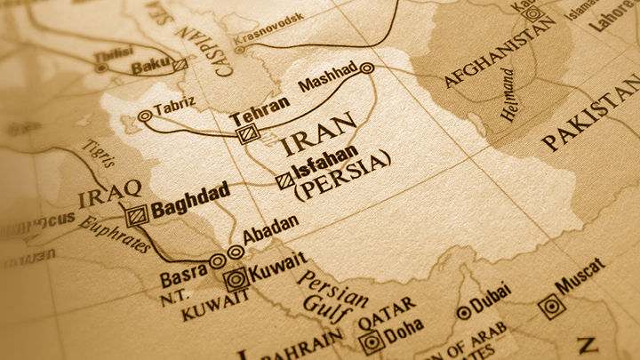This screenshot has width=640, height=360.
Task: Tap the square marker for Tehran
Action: click(246, 133)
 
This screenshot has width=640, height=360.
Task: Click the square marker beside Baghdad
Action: click(135, 215)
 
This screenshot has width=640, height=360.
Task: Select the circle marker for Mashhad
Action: click(367, 68)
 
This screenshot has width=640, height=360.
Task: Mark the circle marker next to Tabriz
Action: click(145, 116)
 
